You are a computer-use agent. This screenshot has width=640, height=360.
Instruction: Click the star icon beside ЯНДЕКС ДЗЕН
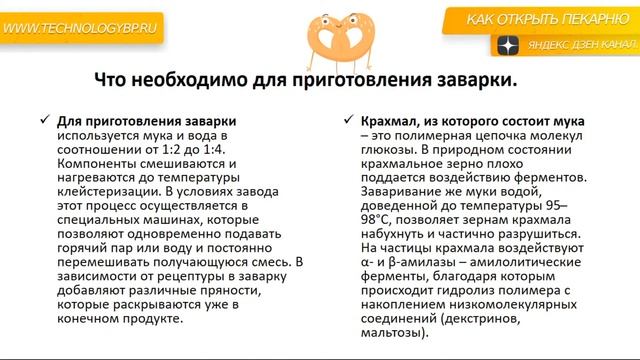click(508, 46)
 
